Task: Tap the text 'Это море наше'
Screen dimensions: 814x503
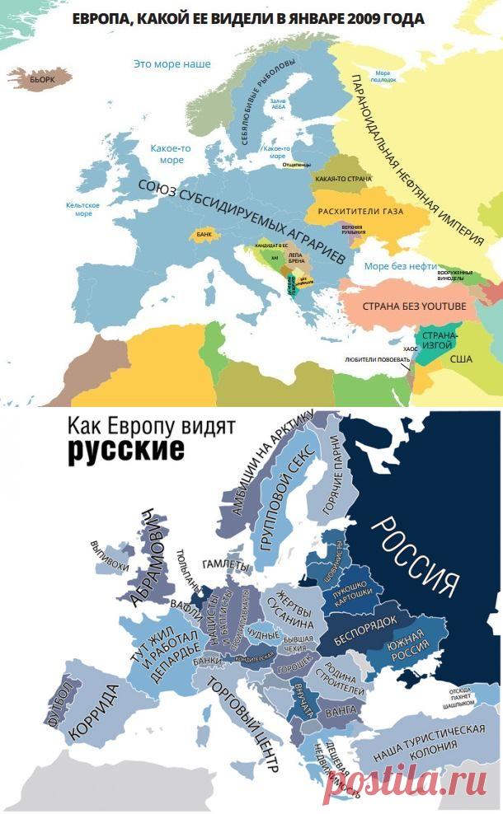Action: [172, 64]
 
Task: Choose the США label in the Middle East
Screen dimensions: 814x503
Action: [461, 359]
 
